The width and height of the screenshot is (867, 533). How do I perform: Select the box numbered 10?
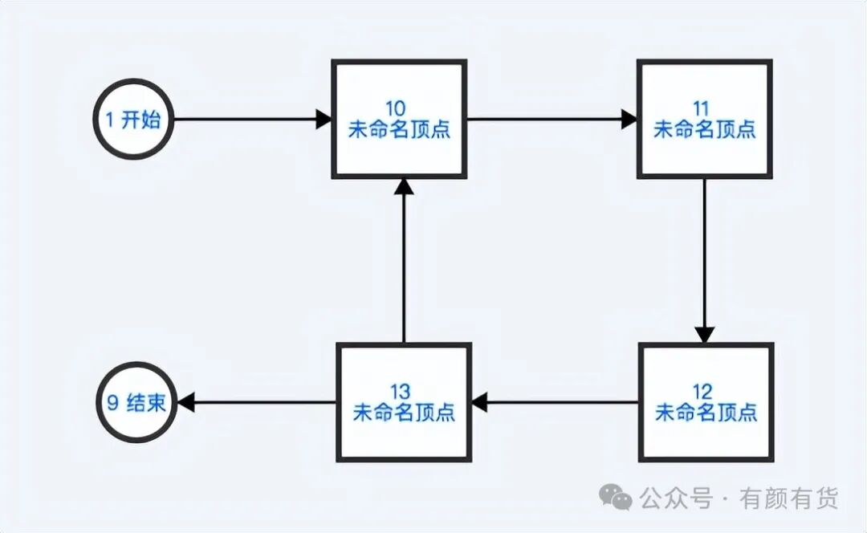pyautogui.click(x=399, y=119)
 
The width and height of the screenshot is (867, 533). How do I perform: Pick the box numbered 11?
pyautogui.click(x=705, y=119)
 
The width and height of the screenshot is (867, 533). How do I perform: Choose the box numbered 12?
pyautogui.click(x=706, y=401)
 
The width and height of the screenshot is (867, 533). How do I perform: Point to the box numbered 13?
pyautogui.click(x=404, y=401)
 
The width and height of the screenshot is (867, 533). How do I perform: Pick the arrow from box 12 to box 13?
pyautogui.click(x=555, y=401)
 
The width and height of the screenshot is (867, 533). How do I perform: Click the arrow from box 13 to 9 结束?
pyautogui.click(x=257, y=401)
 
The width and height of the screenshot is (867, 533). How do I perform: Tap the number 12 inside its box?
pyautogui.click(x=706, y=393)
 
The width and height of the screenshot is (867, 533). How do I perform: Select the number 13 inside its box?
pyautogui.click(x=404, y=393)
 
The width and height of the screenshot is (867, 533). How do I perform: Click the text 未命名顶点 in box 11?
pyautogui.click(x=705, y=129)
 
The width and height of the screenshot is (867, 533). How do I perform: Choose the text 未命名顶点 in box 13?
pyautogui.click(x=404, y=413)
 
